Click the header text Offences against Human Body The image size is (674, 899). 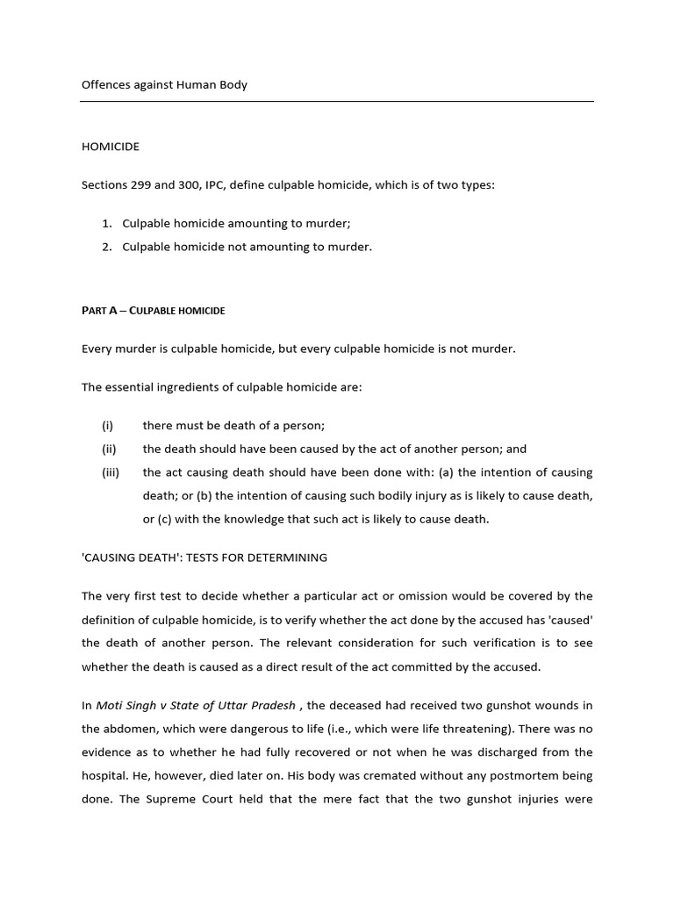(164, 85)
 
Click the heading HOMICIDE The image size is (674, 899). (111, 147)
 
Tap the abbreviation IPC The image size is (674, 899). (233, 186)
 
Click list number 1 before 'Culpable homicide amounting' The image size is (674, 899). (106, 225)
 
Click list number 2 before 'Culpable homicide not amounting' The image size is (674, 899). (106, 247)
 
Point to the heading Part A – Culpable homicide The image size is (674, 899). (153, 311)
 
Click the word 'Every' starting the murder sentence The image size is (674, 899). (97, 349)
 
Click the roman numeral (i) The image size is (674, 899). (107, 426)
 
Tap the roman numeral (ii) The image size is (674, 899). (109, 449)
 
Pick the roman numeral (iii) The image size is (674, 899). (110, 472)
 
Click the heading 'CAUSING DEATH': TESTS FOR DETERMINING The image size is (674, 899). (204, 557)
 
